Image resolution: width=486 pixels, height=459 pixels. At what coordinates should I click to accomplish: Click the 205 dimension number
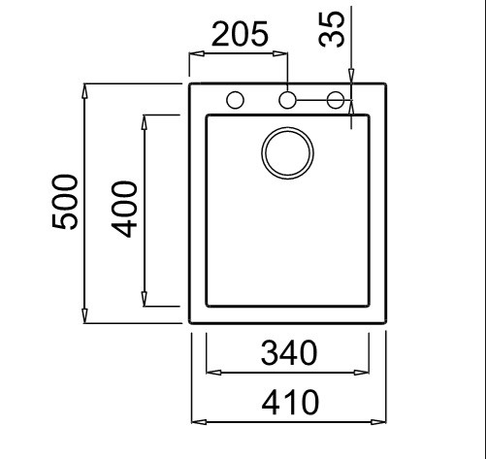tap(240, 34)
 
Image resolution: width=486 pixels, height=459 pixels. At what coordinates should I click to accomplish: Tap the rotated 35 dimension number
tap(332, 29)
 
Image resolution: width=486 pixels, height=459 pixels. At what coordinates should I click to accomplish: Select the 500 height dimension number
tap(65, 202)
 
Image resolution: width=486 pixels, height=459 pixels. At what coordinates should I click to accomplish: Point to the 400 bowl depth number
tap(124, 210)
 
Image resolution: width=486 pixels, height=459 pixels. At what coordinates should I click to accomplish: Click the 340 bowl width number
tap(289, 352)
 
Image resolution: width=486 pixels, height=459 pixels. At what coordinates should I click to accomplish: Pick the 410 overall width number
tap(290, 402)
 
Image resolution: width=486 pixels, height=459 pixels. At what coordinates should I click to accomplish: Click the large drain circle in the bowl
tap(287, 153)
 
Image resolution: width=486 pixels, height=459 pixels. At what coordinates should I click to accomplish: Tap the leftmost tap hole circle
tap(235, 100)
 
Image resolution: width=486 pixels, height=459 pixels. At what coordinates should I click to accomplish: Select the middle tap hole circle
tap(287, 100)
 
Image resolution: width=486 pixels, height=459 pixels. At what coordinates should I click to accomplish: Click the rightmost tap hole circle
tap(336, 100)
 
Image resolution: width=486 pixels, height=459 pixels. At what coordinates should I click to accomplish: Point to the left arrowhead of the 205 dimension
tap(197, 53)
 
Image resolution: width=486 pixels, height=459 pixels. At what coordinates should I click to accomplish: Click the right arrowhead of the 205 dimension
tap(280, 53)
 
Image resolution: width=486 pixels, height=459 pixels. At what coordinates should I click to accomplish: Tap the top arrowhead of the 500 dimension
tap(84, 91)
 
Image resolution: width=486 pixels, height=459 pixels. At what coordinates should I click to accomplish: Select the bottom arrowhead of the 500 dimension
tap(84, 315)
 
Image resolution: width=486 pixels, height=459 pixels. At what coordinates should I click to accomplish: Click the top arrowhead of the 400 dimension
tap(145, 122)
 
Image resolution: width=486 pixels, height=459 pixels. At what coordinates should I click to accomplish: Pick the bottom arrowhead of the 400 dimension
tap(145, 299)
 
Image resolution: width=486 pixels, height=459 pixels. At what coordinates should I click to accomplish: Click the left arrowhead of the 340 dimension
tap(213, 373)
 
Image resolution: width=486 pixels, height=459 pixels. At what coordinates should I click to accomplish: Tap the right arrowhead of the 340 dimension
tap(362, 373)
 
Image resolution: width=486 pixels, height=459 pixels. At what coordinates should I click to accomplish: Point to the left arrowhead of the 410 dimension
tap(199, 422)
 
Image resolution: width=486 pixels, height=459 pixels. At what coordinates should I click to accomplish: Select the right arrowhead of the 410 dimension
tap(378, 422)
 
